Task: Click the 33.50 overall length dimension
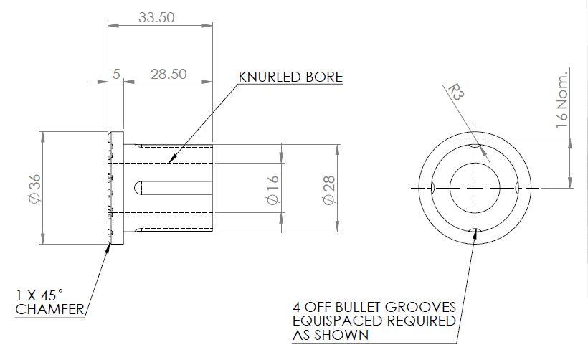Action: coord(156,18)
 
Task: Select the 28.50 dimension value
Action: coord(168,74)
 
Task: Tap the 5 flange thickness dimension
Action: coord(116,74)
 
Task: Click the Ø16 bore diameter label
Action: coord(272,189)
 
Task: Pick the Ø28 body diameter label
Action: coord(328,189)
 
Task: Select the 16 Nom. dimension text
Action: coord(562,99)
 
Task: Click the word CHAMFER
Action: coord(50,310)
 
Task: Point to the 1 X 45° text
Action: coord(39,295)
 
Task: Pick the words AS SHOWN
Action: coord(330,335)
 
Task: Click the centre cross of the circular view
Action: coord(475,187)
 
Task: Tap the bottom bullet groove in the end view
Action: coord(475,231)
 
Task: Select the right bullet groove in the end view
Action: coord(518,187)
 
